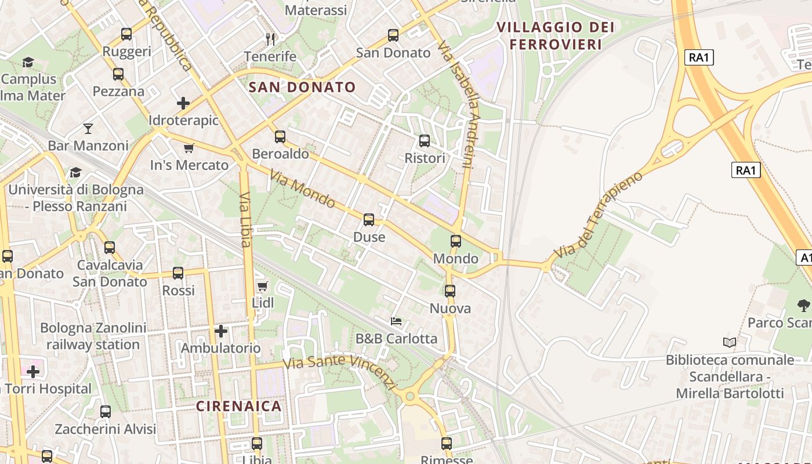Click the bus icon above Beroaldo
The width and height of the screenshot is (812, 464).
(280, 137)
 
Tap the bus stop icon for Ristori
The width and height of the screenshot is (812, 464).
(425, 141)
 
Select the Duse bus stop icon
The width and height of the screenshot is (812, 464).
(369, 220)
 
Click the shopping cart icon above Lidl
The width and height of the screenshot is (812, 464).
(262, 286)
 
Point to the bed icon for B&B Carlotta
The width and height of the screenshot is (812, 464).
(396, 321)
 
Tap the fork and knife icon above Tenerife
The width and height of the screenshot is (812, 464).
(270, 39)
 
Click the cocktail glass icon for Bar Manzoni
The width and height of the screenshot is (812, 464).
(88, 128)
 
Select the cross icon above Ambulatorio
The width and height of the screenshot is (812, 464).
(221, 331)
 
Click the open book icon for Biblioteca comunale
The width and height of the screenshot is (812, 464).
(730, 343)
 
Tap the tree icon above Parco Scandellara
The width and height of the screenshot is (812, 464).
(803, 305)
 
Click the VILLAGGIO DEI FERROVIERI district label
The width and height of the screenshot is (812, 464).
(554, 35)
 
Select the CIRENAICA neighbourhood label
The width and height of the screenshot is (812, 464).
(239, 406)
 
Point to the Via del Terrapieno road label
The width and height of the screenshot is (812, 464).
(598, 215)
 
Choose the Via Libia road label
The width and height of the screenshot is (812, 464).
(245, 219)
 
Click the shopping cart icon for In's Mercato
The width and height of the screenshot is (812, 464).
(188, 148)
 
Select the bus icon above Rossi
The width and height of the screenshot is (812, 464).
(178, 273)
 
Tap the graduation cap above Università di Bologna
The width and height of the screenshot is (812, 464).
(75, 172)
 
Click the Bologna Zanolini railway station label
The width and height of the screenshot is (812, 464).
(93, 336)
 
